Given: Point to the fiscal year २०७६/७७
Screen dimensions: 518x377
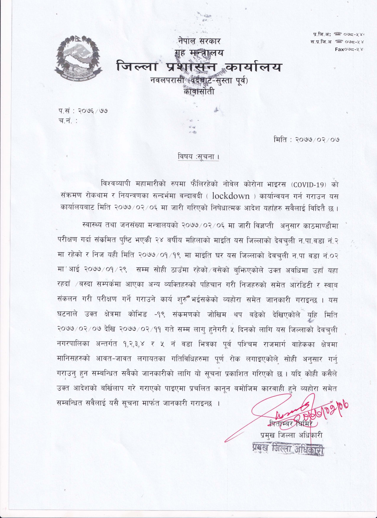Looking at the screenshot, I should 93,109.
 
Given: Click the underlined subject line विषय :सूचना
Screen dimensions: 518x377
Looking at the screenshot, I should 198,157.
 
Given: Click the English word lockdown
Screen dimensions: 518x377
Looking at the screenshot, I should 230,196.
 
